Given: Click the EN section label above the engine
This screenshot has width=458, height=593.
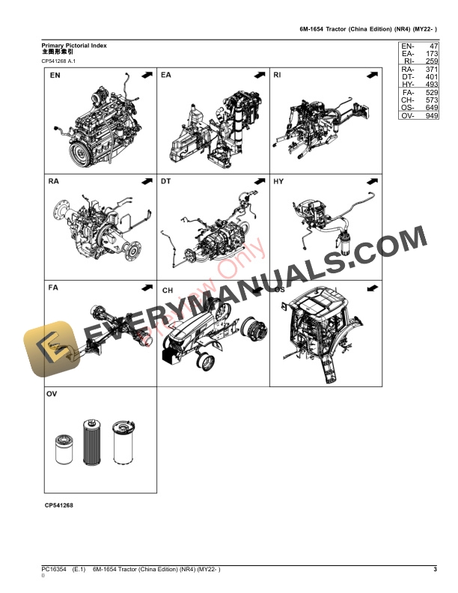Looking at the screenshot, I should tap(56, 76).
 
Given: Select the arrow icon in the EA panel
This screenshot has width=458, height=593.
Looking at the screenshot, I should tap(259, 76).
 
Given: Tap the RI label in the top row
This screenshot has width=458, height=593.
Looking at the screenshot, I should tap(278, 76).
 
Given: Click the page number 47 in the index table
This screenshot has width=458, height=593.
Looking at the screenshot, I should tap(432, 46).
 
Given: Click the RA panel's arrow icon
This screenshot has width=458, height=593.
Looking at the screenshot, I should tap(147, 181).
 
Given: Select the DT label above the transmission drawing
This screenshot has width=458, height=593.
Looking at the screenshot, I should tap(166, 181).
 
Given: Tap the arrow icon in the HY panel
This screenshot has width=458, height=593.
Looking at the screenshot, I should tap(371, 181).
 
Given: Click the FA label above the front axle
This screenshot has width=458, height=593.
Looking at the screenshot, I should tap(54, 288).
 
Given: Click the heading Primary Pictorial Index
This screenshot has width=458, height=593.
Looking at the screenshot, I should tap(74, 46).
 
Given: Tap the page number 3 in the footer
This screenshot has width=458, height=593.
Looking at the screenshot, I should tap(435, 571).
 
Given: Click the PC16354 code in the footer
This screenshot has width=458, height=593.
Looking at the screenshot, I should tap(54, 571).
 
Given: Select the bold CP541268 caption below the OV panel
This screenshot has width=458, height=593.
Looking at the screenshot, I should tap(59, 506).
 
